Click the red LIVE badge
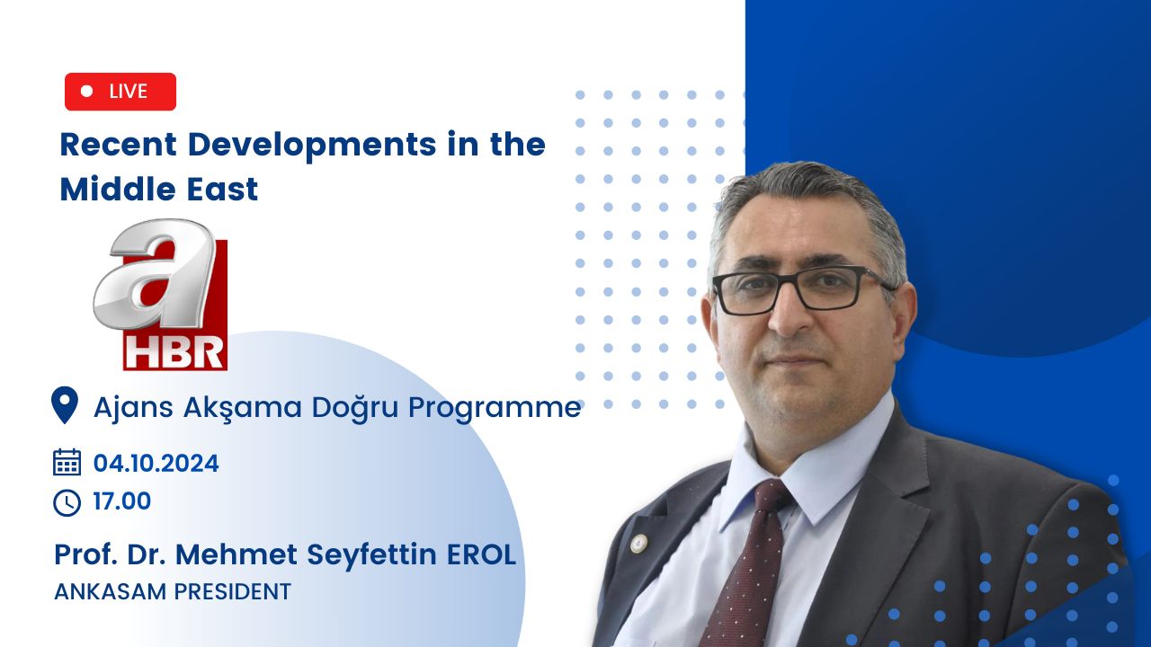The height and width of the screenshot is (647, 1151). (x=120, y=92)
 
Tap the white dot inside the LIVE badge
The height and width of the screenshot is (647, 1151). (x=87, y=91)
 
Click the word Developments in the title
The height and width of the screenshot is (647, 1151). (x=312, y=146)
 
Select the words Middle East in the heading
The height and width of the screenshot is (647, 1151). (x=159, y=189)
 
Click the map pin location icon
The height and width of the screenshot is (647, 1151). (x=65, y=405)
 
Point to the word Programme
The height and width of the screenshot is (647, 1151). (x=495, y=409)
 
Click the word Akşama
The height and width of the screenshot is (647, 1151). (x=243, y=409)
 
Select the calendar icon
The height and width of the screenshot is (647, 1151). (x=67, y=462)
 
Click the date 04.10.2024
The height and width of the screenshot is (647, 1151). (x=156, y=463)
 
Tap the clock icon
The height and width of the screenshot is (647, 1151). (x=67, y=502)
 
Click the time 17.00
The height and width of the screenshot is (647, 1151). (x=121, y=501)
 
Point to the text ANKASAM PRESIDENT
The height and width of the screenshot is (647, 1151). (x=173, y=591)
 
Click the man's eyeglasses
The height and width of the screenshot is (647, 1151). (x=802, y=289)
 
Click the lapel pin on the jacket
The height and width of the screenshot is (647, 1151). (x=638, y=544)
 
